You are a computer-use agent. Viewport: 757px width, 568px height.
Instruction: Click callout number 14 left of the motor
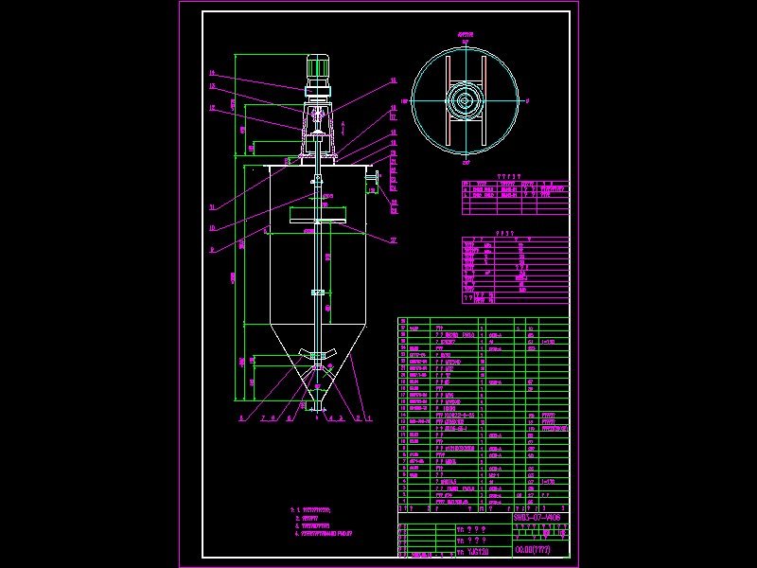point(212,73)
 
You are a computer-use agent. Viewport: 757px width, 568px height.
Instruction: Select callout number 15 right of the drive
point(394,81)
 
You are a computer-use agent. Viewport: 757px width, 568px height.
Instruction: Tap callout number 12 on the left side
point(212,109)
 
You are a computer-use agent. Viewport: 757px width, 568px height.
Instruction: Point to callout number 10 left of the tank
point(212,227)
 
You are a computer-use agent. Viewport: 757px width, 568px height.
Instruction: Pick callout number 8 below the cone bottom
point(242,417)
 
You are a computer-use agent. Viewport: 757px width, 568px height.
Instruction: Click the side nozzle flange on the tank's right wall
point(376,177)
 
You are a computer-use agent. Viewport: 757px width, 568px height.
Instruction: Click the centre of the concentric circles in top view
point(465,99)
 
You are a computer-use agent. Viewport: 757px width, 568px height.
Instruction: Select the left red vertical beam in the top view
point(445,99)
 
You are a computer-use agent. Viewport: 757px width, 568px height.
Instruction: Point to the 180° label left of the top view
point(404,99)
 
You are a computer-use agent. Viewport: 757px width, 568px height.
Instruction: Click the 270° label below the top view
point(465,163)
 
